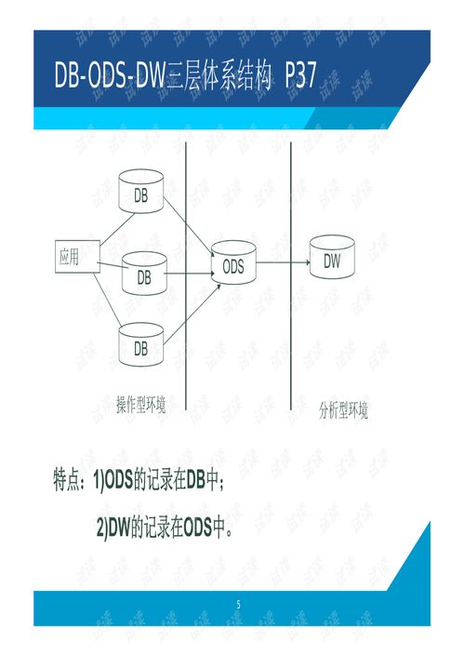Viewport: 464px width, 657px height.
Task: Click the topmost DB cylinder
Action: click(140, 191)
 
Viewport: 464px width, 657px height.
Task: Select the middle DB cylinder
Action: click(144, 274)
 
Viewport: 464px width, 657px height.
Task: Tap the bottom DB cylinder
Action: click(140, 344)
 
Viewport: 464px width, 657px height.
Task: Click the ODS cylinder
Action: click(233, 262)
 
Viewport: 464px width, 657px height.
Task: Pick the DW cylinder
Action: click(332, 257)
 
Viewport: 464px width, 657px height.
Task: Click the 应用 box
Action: click(77, 257)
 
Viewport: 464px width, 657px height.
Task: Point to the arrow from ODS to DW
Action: click(283, 262)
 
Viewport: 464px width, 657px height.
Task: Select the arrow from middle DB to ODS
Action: click(189, 274)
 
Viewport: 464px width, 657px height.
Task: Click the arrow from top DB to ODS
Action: click(186, 223)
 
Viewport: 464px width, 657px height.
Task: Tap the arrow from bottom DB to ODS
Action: click(192, 315)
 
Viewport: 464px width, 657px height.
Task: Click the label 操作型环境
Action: click(141, 404)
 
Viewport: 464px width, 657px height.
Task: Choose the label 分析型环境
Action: click(343, 410)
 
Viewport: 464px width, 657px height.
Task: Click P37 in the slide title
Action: click(300, 74)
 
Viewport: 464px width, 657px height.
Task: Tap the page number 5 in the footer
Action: click(238, 604)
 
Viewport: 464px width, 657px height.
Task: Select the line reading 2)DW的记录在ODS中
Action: click(165, 527)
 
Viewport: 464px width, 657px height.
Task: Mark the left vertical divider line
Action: click(186, 275)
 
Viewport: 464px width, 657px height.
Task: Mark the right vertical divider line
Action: click(291, 275)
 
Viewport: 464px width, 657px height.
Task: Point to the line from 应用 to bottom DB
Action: click(108, 299)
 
